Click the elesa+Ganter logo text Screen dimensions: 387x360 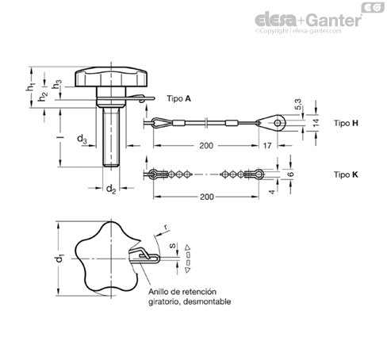308,21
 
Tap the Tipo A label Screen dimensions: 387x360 178,98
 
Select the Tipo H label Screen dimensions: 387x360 346,123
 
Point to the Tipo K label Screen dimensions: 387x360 346,174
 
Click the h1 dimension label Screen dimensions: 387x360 30,87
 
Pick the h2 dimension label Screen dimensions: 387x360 43,97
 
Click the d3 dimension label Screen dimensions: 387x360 82,139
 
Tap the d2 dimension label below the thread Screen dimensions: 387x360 111,189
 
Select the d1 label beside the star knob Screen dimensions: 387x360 60,259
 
